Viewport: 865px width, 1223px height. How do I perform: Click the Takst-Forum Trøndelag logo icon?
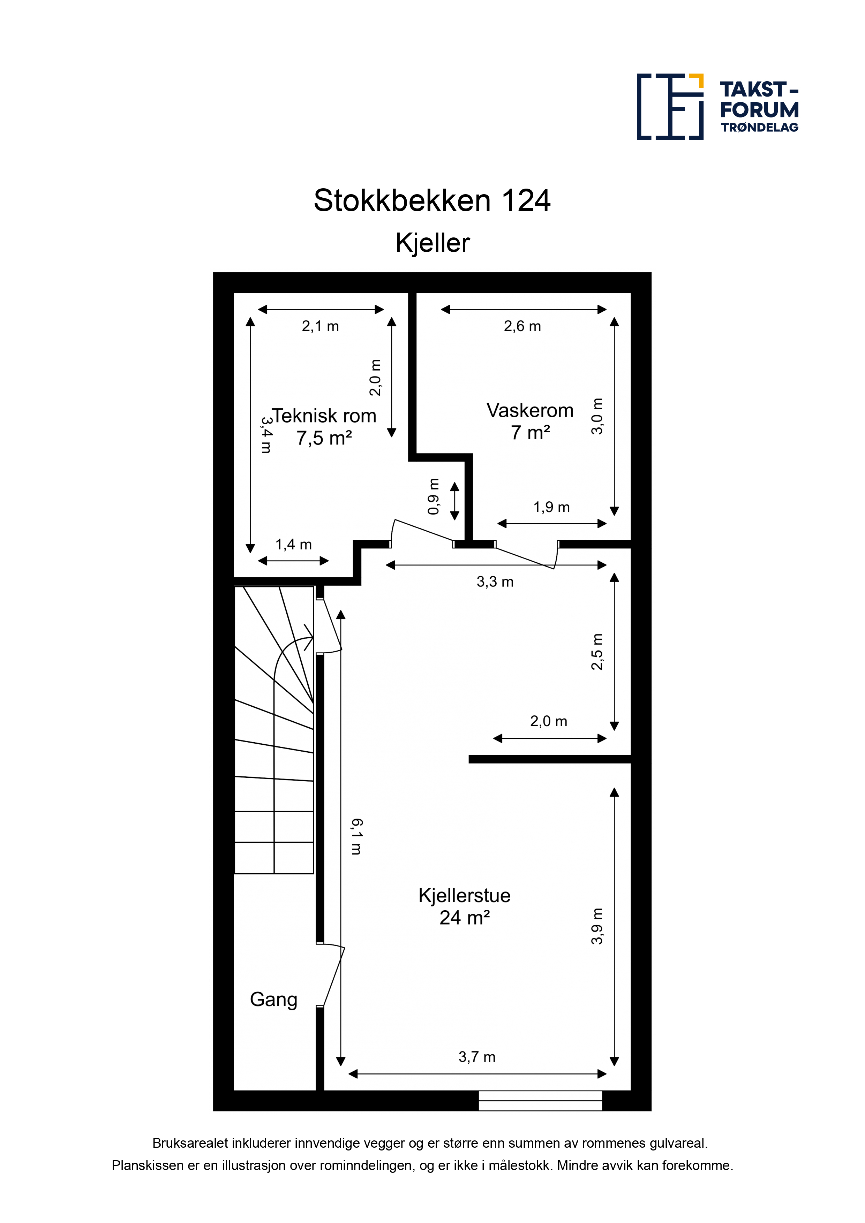point(670,107)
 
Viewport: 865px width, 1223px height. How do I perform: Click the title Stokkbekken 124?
point(432,201)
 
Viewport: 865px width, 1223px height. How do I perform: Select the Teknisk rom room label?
point(324,416)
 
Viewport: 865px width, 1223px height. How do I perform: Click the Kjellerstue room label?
point(464,895)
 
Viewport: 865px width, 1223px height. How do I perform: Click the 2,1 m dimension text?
point(320,326)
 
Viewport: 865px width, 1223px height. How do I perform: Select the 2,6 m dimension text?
point(522,326)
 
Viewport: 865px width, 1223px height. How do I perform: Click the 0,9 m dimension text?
point(434,496)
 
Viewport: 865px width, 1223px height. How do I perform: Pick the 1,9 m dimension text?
point(552,507)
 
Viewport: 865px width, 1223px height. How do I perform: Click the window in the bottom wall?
point(540,1101)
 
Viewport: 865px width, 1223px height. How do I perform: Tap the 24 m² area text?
point(464,917)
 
